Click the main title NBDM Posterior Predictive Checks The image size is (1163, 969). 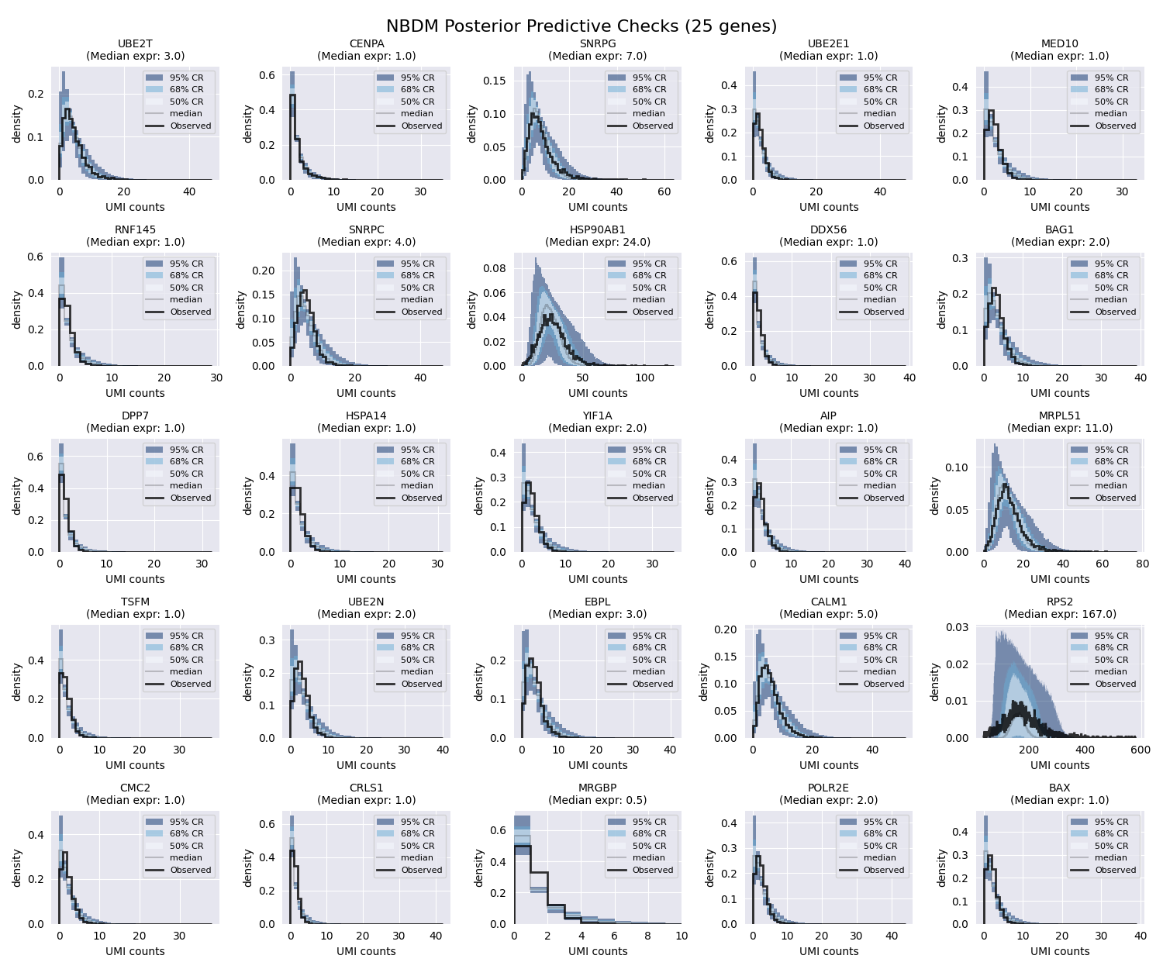coord(581,26)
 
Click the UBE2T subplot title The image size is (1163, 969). coord(135,44)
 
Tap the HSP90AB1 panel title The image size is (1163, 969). coord(597,230)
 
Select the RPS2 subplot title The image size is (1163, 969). coord(1059,602)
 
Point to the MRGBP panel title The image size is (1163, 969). coord(597,788)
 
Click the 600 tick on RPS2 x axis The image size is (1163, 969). coord(1141,750)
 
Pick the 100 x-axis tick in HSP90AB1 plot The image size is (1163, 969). coord(644,378)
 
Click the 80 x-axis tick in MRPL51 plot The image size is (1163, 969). coord(1141,564)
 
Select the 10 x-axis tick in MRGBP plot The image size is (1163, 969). coord(681,936)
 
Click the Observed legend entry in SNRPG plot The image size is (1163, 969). coord(652,126)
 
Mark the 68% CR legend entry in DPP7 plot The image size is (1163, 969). coord(187,461)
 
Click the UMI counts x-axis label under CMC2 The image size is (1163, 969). coord(135,951)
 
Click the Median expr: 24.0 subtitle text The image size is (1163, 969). coord(597,242)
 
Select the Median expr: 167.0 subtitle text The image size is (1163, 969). coord(1059,614)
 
